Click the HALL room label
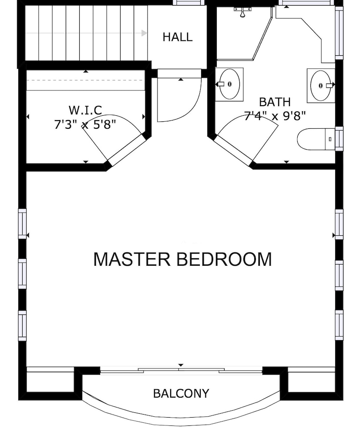(178, 37)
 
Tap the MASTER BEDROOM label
(183, 259)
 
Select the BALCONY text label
(181, 393)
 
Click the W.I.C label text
(85, 110)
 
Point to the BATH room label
(275, 102)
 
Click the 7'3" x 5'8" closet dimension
(85, 124)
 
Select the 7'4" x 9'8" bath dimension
(275, 116)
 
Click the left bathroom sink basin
(229, 84)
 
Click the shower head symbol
(242, 13)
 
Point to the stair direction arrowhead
(144, 33)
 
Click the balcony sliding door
(181, 370)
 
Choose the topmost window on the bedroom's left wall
(22, 224)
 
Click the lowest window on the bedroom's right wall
(339, 325)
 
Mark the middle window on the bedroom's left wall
(22, 274)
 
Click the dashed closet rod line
(84, 80)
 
